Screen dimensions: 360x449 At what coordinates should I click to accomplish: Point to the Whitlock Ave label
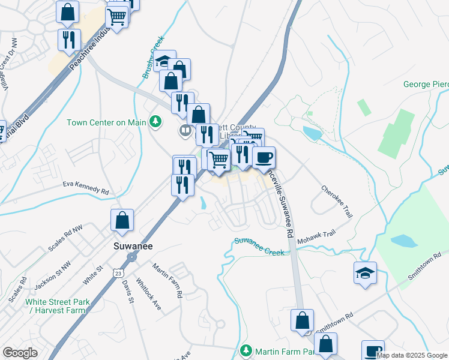tap(148, 293)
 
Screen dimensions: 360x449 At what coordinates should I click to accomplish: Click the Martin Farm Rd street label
tap(167, 281)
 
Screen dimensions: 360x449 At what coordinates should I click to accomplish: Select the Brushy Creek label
tap(153, 58)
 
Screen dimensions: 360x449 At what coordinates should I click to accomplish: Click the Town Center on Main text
tap(106, 122)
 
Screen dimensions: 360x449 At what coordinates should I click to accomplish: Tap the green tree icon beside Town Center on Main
tap(156, 122)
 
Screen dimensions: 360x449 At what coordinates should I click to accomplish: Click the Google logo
tap(20, 353)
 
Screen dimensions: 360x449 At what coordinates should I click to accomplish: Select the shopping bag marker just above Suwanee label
tap(122, 220)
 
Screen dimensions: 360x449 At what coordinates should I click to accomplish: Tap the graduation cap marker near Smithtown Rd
tap(365, 273)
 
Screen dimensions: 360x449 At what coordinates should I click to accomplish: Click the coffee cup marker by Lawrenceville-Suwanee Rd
tap(264, 158)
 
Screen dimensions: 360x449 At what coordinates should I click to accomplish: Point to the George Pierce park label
tap(426, 85)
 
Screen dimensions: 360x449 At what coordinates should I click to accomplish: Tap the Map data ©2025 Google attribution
tap(412, 355)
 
